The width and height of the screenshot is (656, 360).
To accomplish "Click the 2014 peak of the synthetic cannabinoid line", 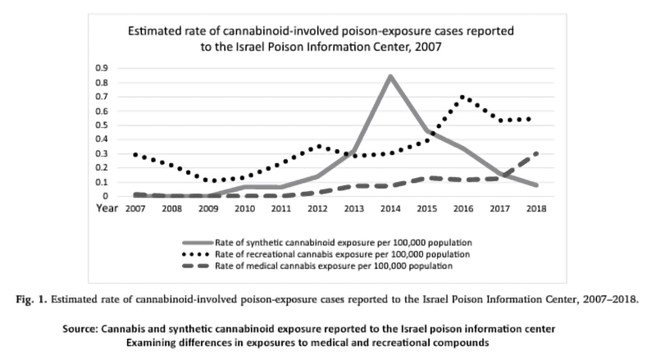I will pos(390,76).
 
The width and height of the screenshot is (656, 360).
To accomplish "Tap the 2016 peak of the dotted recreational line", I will pos(463,98).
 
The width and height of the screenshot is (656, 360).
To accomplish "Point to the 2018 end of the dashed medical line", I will pos(536,153).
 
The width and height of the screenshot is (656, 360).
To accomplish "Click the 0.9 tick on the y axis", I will pos(102,68).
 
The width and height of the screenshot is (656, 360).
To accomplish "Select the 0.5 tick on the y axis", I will pos(102,125).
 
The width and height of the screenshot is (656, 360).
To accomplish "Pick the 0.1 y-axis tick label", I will pos(102,182).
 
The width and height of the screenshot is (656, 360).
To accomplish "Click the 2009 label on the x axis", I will pos(207,210).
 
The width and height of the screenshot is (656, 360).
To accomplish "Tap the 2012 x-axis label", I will pos(317,210).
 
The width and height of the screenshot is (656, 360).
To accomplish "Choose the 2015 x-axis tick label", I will pos(427,210).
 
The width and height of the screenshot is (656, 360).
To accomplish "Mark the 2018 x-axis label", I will pos(536,210).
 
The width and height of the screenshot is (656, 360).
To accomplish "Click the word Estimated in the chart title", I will pos(154,32).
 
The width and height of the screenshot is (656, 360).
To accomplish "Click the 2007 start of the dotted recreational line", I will pos(135,154).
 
